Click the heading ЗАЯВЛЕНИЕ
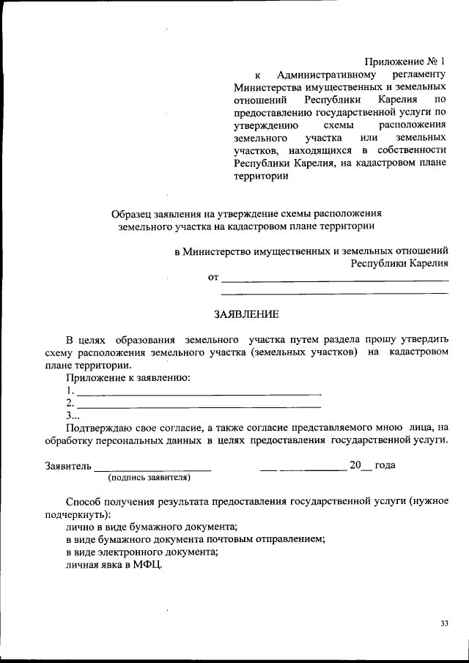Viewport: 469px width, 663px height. (x=246, y=315)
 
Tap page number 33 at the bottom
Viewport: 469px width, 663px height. (x=445, y=623)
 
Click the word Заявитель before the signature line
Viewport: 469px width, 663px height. (x=67, y=465)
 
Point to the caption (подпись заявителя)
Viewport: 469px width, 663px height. (x=149, y=478)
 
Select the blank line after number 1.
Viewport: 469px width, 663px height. (x=199, y=393)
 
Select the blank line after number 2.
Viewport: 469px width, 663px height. (x=199, y=405)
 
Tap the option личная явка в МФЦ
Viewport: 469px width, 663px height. (x=114, y=566)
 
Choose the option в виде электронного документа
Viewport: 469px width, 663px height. (x=142, y=552)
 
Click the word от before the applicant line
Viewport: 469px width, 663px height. (x=213, y=278)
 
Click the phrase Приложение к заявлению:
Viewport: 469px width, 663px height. (x=128, y=378)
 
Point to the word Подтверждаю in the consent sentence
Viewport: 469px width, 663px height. (x=100, y=427)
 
